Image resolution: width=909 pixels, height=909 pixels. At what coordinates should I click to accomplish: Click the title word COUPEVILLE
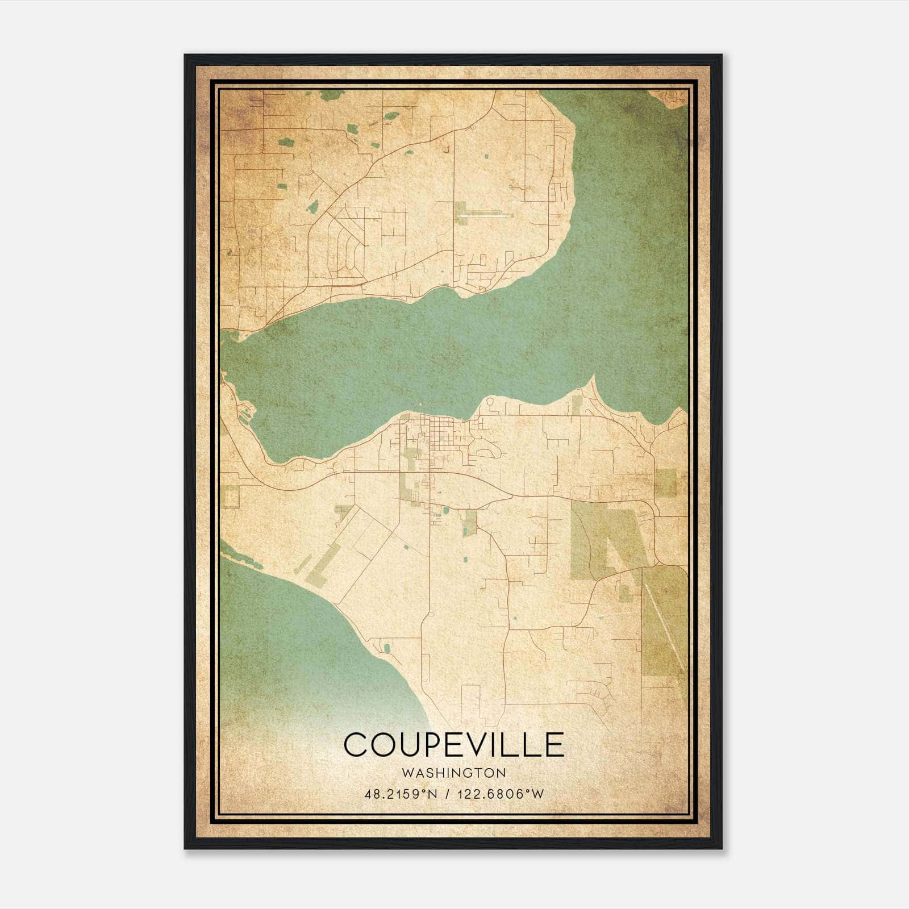pos(453,745)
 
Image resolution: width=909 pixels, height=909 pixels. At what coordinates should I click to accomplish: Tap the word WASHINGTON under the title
pos(453,773)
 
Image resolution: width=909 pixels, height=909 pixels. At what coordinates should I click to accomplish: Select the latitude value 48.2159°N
pos(401,794)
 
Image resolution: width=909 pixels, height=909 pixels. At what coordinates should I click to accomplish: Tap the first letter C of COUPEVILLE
pos(356,745)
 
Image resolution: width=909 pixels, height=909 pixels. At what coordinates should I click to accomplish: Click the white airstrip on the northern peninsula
pos(489,215)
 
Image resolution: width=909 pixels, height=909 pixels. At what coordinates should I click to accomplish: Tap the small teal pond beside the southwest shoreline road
pos(387,648)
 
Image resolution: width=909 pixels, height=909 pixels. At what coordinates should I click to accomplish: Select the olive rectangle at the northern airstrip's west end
pos(461,214)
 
